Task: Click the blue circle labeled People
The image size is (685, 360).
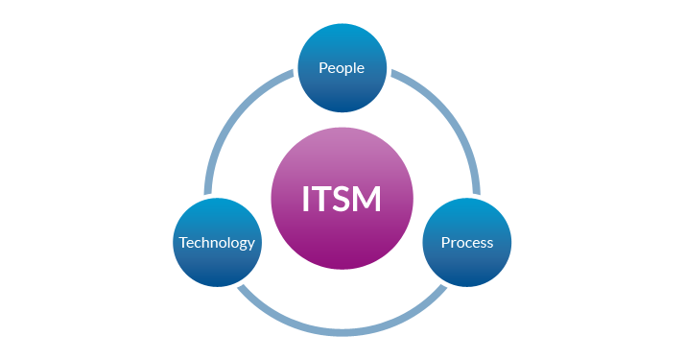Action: point(342,69)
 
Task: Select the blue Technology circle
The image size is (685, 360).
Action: point(217,242)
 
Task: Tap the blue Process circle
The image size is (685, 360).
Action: point(467,242)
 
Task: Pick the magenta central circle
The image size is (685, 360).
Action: point(342,199)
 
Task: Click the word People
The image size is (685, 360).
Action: point(342,69)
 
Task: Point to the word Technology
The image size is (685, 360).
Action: point(217,243)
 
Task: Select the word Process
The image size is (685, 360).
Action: point(467,243)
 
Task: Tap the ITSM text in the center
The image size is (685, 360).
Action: point(342,199)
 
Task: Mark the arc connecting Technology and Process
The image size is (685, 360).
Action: point(342,331)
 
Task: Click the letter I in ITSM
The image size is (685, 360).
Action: point(307,199)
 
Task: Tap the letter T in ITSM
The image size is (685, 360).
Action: point(323,199)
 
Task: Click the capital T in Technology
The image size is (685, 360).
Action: point(183,243)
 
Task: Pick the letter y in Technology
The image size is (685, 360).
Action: point(251,245)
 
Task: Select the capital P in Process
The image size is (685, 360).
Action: point(445,243)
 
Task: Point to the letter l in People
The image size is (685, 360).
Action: point(355,68)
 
